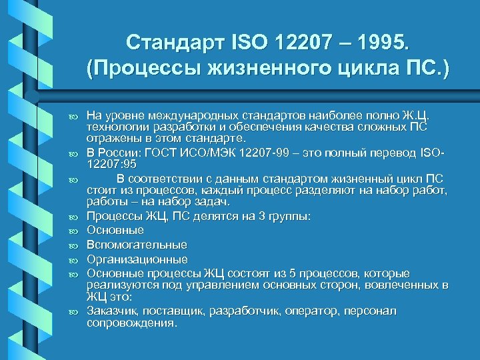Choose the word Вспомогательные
click(137, 245)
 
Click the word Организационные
click(137, 259)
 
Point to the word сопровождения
click(132, 323)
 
